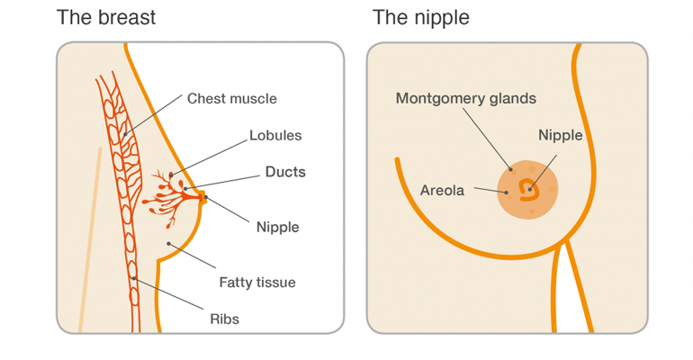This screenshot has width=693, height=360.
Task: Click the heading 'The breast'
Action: pyautogui.click(x=105, y=18)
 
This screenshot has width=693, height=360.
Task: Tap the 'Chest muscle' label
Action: pyautogui.click(x=231, y=98)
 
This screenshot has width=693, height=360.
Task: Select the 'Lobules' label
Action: pyautogui.click(x=275, y=136)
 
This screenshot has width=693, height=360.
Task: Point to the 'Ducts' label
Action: pyautogui.click(x=285, y=172)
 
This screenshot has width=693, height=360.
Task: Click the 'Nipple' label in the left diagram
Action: pyautogui.click(x=277, y=227)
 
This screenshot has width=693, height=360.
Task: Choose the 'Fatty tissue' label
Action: pyautogui.click(x=257, y=282)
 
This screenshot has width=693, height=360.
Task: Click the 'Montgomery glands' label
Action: pyautogui.click(x=466, y=98)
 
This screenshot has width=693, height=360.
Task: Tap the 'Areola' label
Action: pyautogui.click(x=443, y=191)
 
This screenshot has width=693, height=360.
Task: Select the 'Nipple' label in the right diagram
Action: pyautogui.click(x=561, y=136)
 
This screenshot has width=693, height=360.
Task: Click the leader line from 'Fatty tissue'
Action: pyautogui.click(x=192, y=255)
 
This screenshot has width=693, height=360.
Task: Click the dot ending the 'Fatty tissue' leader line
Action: pyautogui.click(x=168, y=243)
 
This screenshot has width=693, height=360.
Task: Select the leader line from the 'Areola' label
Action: pyautogui.click(x=490, y=191)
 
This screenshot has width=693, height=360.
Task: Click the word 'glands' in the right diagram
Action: pyautogui.click(x=512, y=98)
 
